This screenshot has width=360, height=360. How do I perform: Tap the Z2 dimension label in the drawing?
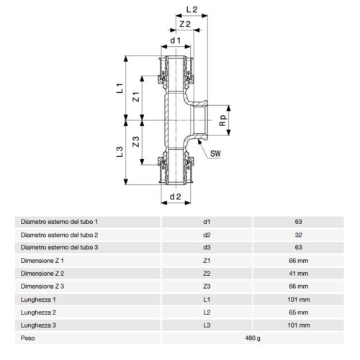[x=184, y=25]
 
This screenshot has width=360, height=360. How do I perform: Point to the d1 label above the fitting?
[x=174, y=40]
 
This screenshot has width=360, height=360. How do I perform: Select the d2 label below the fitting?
[x=174, y=196]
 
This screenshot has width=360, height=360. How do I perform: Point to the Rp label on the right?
[x=223, y=120]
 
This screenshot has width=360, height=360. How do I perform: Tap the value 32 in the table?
[x=298, y=235]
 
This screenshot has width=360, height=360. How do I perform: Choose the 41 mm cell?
[x=298, y=274]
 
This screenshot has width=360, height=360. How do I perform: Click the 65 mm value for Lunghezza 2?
[x=298, y=312]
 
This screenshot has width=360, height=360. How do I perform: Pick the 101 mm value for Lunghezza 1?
[x=298, y=300]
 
